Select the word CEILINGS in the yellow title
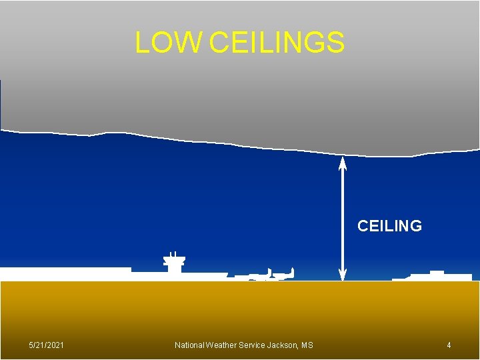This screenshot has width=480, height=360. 277,42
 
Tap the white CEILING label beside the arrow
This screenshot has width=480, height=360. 389,226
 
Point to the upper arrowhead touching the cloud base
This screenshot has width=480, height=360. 343,161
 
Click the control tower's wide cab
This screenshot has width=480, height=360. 174,261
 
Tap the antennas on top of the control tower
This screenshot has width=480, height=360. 173,254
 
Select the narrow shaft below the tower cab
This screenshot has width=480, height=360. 174,269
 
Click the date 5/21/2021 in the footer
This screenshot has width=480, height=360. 47,345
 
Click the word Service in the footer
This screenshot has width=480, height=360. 254,345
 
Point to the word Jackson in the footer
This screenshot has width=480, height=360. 283,345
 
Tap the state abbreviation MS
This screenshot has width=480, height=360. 307,345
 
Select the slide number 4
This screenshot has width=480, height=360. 449,345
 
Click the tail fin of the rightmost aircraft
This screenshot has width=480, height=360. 292,271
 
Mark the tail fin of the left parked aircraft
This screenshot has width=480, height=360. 269,271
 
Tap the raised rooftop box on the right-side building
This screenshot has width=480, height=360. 437,272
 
